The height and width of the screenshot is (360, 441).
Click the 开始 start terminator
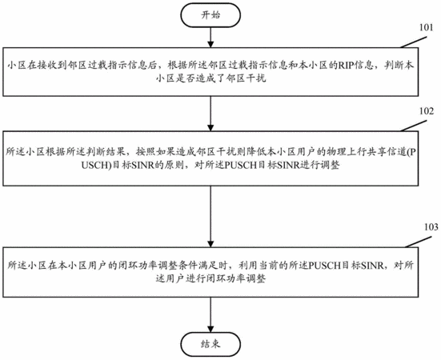[x=210, y=15]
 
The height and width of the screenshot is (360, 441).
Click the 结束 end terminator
[x=210, y=344]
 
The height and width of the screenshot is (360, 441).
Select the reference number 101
[x=426, y=27]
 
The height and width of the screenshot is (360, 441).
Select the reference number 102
[x=427, y=111]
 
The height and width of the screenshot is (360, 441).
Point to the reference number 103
[x=431, y=226]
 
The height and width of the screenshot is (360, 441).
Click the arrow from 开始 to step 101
[x=210, y=38]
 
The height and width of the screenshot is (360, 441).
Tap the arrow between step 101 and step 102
[x=210, y=114]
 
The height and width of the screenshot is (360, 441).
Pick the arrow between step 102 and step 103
[x=210, y=217]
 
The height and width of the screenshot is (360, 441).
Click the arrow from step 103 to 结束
[x=210, y=314]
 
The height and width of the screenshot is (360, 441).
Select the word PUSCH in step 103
[x=325, y=266]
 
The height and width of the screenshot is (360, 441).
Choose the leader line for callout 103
[x=419, y=242]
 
